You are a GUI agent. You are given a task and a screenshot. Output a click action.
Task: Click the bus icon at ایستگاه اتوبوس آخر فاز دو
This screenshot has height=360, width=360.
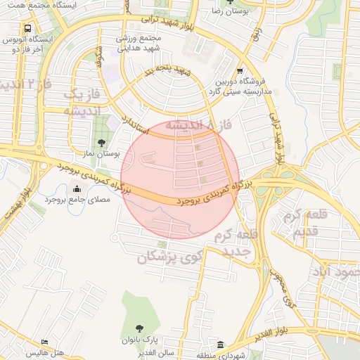point(27,30)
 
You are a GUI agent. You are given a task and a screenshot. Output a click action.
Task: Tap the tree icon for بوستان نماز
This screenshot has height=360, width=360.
point(102,143)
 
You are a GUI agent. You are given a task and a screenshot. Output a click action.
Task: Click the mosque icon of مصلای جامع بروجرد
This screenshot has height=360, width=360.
point(77,188)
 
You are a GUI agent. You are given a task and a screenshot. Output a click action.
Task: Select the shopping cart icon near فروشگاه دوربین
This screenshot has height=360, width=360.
point(240,70)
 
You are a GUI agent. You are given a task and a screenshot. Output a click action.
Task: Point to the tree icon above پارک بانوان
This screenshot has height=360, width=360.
point(139,328)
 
